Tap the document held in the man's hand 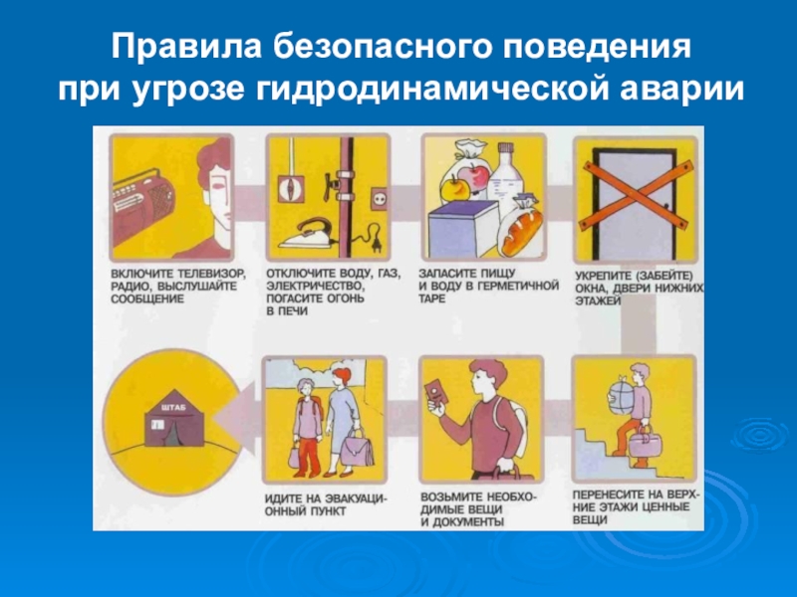[x=436, y=392]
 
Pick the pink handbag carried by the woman [x=360, y=447]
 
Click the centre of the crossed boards [x=636, y=194]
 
